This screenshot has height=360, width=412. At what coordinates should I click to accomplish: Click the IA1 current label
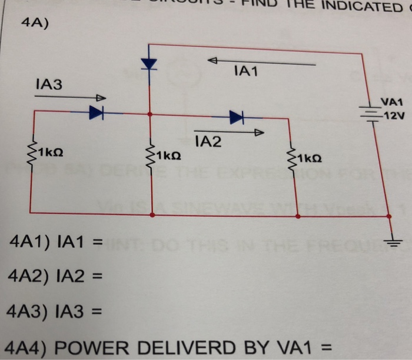pos(246,72)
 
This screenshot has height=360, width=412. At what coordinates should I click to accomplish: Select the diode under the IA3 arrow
pos(96,114)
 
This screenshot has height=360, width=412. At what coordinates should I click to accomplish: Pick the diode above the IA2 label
pos(236,118)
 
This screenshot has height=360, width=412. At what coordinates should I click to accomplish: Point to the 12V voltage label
pos(393,114)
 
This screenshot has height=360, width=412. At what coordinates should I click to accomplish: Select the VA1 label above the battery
pos(391,102)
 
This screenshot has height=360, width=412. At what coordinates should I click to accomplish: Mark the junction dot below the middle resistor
pos(152,216)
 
